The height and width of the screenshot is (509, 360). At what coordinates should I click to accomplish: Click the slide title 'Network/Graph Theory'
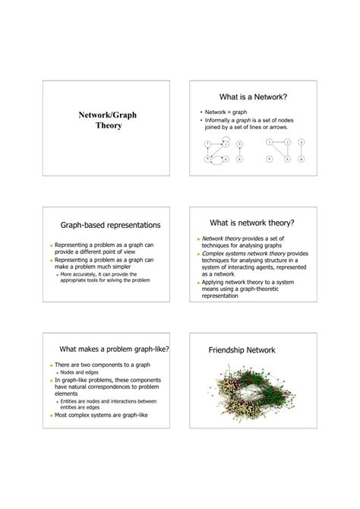click(x=108, y=120)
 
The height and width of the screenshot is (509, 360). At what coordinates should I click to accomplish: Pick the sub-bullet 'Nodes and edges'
click(x=79, y=373)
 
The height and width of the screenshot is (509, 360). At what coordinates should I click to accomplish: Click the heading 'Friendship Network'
click(x=242, y=350)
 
